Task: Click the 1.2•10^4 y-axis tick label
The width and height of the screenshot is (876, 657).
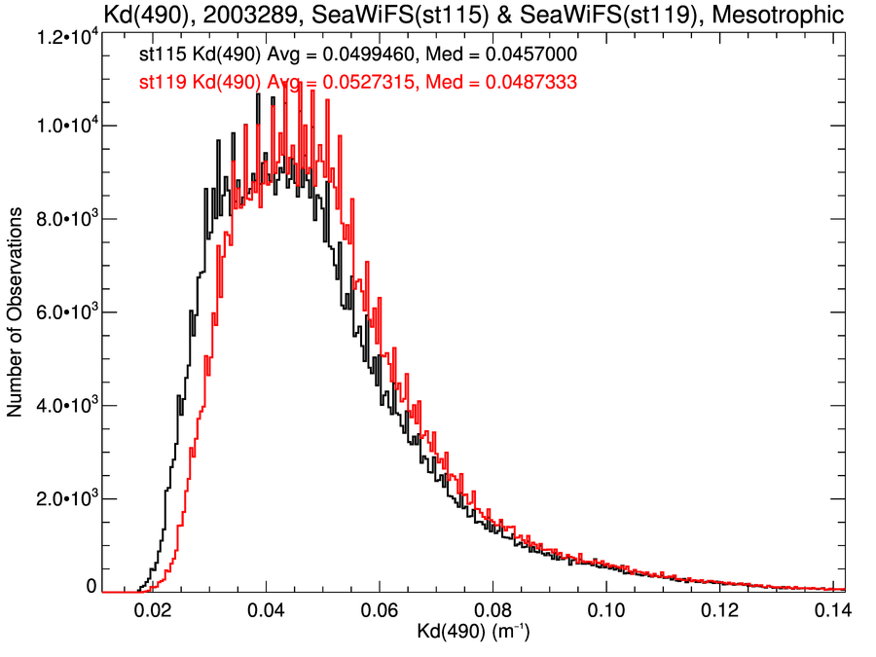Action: [x=59, y=36]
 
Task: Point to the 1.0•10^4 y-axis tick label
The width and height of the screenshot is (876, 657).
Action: [x=59, y=127]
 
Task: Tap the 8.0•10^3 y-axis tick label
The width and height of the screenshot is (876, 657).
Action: [x=59, y=220]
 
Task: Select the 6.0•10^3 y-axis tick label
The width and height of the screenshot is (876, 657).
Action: [x=59, y=312]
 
